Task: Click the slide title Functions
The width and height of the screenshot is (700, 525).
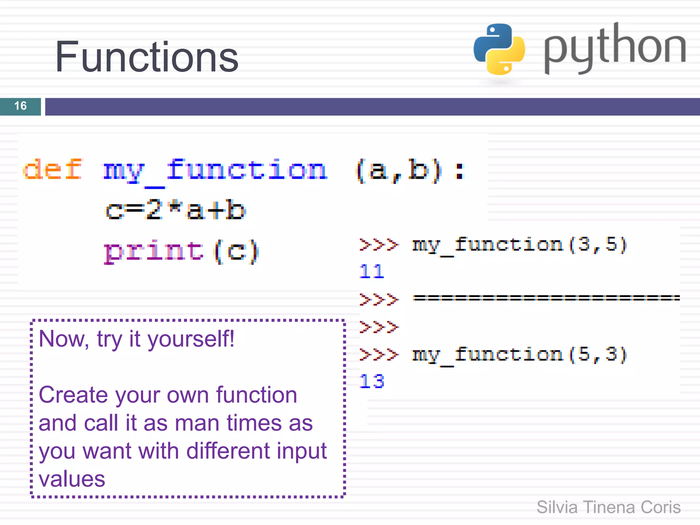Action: (x=146, y=57)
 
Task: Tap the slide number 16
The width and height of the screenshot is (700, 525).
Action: (x=21, y=106)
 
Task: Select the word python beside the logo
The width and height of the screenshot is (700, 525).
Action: (x=615, y=48)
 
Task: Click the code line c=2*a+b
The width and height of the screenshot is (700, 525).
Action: (x=175, y=210)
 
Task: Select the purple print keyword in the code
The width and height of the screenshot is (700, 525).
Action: (x=154, y=251)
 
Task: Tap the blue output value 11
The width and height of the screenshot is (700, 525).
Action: (x=372, y=272)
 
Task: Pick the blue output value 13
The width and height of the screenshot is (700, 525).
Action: (x=372, y=381)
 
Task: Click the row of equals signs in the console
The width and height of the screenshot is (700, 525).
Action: (x=546, y=298)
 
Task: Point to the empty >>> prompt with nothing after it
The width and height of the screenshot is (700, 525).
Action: (x=379, y=327)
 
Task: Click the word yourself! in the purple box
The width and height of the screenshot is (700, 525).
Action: (x=191, y=339)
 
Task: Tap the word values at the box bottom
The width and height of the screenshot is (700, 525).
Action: (x=72, y=479)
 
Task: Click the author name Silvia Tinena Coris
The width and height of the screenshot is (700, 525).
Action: (x=608, y=507)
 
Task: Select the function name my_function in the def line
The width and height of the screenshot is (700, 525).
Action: (x=215, y=170)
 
